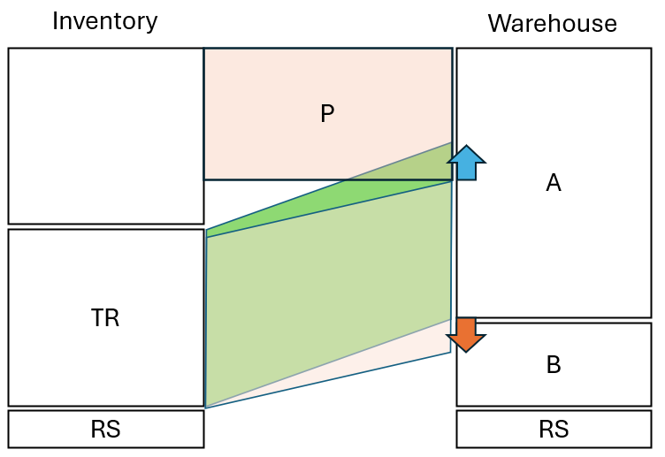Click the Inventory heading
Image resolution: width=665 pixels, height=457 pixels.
[x=104, y=21]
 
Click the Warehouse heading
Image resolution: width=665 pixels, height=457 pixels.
[x=553, y=23]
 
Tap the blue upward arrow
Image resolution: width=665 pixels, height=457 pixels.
[x=466, y=164]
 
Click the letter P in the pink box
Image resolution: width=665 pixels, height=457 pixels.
[x=327, y=114]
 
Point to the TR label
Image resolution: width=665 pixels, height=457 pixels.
[x=105, y=318]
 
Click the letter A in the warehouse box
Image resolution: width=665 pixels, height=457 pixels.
[x=554, y=183]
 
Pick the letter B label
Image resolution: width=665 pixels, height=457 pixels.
[x=554, y=365]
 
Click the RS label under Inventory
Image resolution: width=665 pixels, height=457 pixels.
[x=105, y=430]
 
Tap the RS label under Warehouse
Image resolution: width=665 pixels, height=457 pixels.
[x=554, y=430]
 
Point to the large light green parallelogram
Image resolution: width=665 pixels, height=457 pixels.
[x=327, y=292]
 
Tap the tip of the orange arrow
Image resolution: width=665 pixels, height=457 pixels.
[x=465, y=350]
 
